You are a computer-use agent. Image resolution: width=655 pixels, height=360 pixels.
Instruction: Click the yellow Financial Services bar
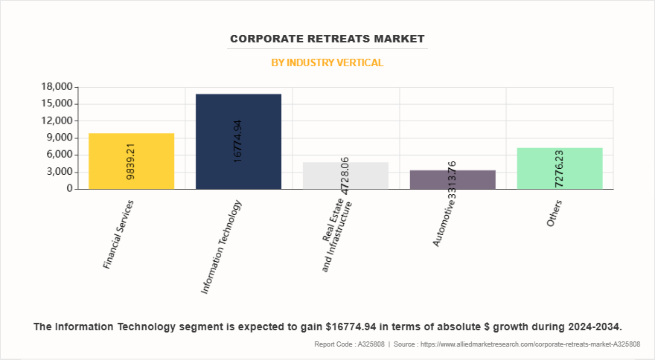coord(131,161)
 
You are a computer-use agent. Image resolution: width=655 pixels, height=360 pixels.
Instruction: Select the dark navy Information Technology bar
coord(238,141)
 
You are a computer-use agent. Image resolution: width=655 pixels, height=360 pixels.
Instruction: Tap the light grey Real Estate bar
coord(345,176)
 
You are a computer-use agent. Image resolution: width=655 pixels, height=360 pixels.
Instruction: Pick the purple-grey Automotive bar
coord(453,179)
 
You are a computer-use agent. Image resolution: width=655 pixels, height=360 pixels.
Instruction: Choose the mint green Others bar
coord(560,168)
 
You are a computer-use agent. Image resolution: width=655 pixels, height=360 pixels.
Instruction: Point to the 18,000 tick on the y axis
coord(57,87)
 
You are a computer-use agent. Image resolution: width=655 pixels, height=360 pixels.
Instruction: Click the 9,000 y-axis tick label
coord(60,138)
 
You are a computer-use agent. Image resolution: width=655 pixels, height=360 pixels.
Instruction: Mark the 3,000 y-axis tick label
coord(60,172)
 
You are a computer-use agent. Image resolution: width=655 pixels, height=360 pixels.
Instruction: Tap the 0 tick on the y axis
coord(69,189)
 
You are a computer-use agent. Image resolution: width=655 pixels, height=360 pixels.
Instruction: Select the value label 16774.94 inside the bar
coord(238,141)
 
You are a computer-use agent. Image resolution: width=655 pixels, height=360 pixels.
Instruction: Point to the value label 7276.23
coord(560,169)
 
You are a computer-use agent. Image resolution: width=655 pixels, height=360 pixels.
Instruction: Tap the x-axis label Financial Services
coord(118,234)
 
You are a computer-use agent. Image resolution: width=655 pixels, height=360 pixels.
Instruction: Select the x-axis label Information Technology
coord(222,246)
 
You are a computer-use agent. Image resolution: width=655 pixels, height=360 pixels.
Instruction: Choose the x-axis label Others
coord(555,213)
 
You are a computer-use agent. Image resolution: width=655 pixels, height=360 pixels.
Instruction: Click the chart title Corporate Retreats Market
coord(327,39)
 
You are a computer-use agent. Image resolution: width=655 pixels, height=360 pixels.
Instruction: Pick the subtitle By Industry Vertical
coord(327,62)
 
